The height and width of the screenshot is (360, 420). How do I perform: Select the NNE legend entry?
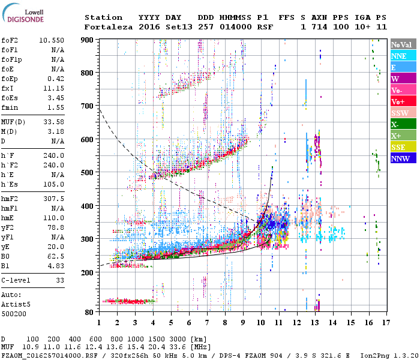click(x=398, y=56)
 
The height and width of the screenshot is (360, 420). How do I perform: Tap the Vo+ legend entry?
click(x=398, y=101)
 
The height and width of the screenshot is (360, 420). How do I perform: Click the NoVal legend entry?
click(x=402, y=44)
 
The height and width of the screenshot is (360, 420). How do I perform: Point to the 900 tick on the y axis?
click(x=88, y=40)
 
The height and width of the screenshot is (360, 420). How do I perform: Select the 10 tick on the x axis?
click(x=260, y=322)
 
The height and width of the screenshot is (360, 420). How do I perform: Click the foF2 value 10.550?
click(x=52, y=40)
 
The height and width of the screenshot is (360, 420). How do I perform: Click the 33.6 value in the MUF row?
click(x=180, y=347)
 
